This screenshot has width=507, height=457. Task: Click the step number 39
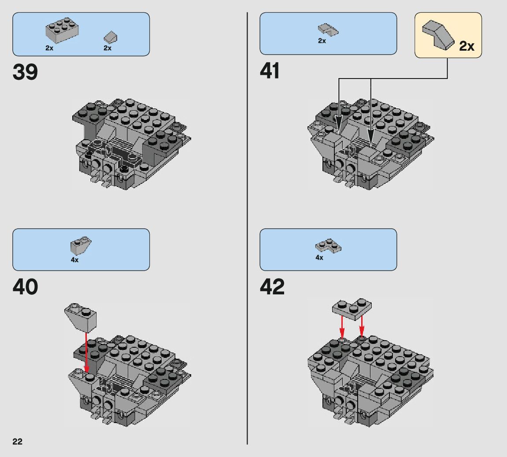(x=25, y=72)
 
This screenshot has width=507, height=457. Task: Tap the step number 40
(x=25, y=287)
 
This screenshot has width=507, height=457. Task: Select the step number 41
(x=270, y=71)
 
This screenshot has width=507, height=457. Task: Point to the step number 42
(x=272, y=287)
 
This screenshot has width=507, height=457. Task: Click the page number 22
(x=17, y=442)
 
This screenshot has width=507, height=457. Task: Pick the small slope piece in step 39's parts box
(x=110, y=37)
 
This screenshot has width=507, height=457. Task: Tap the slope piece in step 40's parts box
(x=81, y=245)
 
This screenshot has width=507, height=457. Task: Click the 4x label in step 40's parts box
(x=74, y=260)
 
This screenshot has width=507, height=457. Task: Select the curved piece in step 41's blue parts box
(x=328, y=30)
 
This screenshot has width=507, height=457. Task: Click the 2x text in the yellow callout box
(x=466, y=46)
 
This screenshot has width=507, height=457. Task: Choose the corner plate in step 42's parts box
(x=329, y=246)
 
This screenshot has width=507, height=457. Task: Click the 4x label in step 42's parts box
(x=319, y=257)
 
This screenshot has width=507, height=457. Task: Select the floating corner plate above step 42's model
(x=352, y=307)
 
